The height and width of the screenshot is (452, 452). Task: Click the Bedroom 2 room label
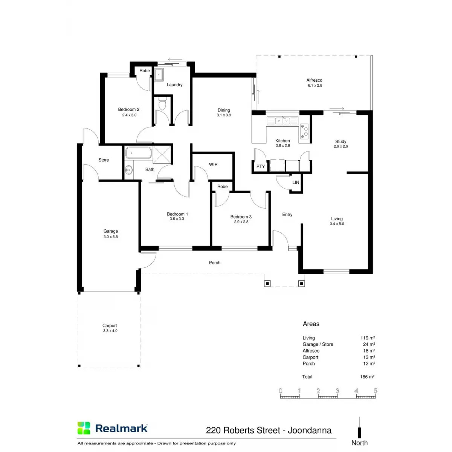(x=128, y=110)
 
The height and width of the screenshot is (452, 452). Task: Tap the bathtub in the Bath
(x=138, y=153)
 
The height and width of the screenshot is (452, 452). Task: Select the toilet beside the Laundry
(x=162, y=104)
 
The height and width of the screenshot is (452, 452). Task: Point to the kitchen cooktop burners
(x=304, y=130)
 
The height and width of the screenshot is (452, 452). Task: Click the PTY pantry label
(x=260, y=166)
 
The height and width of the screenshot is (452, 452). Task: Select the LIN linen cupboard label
(x=296, y=183)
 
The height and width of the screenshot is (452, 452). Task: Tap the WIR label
(x=213, y=165)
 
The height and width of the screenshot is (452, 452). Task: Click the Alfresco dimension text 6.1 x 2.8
(x=315, y=86)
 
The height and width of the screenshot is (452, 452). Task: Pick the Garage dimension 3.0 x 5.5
(x=111, y=237)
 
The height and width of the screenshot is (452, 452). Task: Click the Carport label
(x=110, y=326)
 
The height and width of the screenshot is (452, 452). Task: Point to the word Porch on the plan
(x=215, y=263)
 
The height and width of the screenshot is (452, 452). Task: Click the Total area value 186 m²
(x=367, y=377)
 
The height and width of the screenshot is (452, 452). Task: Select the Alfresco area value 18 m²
(x=369, y=351)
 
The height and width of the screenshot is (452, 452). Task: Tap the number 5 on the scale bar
(x=375, y=391)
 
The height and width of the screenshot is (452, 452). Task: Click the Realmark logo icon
(x=84, y=428)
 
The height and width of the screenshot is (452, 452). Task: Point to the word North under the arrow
(x=359, y=443)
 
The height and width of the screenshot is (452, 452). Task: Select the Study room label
(x=341, y=142)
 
